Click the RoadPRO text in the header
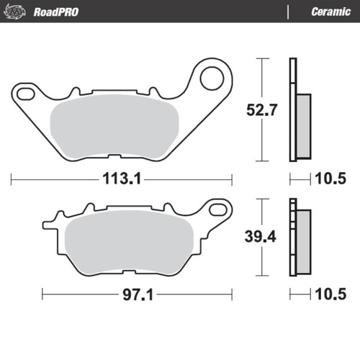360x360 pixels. pyautogui.click(x=56, y=12)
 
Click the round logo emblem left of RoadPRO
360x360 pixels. pyautogui.click(x=17, y=12)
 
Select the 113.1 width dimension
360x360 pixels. pyautogui.click(x=121, y=179)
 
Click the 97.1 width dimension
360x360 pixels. pyautogui.click(x=137, y=294)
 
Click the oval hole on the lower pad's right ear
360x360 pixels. pyautogui.click(x=215, y=210)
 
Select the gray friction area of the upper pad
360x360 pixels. pyautogui.click(x=116, y=127)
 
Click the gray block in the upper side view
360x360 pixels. pyautogui.click(x=303, y=125)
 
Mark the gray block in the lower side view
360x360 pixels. pyautogui.click(x=303, y=240)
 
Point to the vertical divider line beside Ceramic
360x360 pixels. pyautogui.click(x=287, y=12)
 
